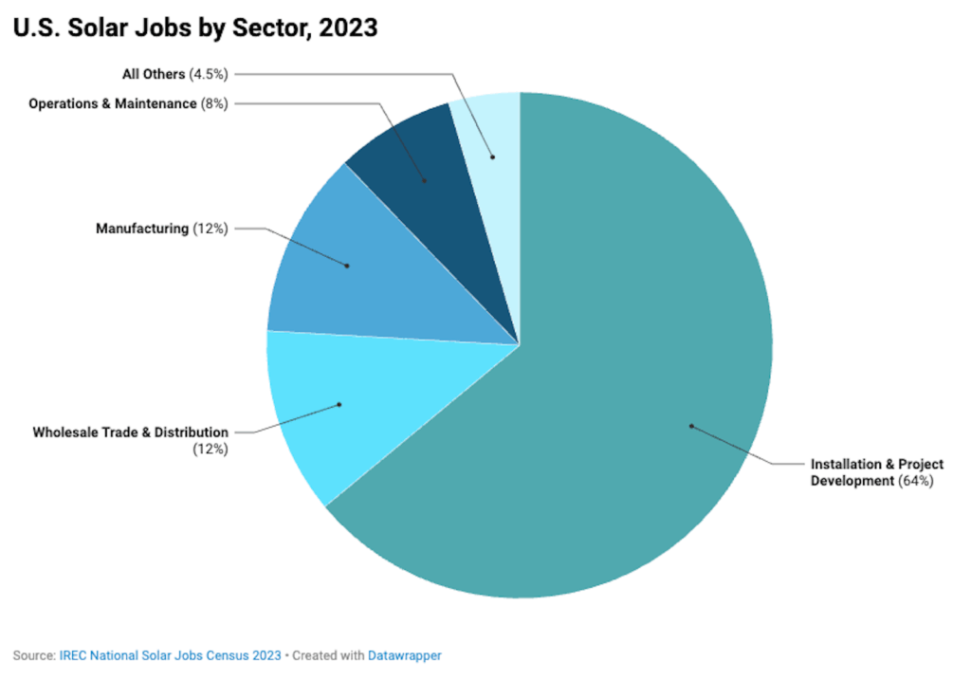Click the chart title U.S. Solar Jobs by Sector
pos(194,28)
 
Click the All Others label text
pos(153,73)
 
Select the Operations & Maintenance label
pos(112,103)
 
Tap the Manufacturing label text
pos(142,229)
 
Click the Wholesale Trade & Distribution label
pos(130,432)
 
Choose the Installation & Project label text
pos(877,465)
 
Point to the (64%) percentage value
pos(917,481)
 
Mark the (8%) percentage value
pos(215,103)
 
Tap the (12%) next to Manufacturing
pos(211,229)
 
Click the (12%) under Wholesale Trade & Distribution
pos(211,449)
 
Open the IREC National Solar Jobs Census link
pos(171,655)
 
